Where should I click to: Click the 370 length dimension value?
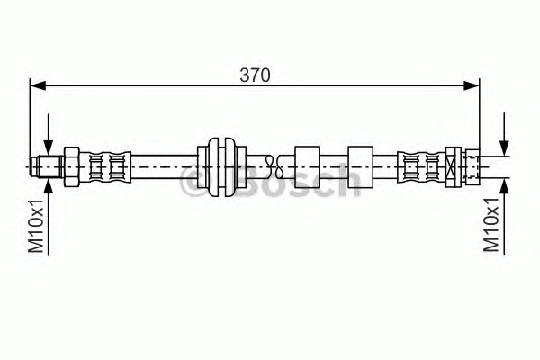[x=256, y=75]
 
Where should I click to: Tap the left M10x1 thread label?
[x=37, y=226]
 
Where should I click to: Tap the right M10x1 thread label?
[x=491, y=224]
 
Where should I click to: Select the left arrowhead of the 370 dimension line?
[x=38, y=85]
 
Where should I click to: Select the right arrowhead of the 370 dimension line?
[x=472, y=85]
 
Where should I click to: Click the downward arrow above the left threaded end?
[x=49, y=135]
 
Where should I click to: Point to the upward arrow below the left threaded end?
[x=49, y=216]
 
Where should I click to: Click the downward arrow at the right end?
[x=505, y=134]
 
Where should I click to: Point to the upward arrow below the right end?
[x=505, y=216]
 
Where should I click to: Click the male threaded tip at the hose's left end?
[x=46, y=166]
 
